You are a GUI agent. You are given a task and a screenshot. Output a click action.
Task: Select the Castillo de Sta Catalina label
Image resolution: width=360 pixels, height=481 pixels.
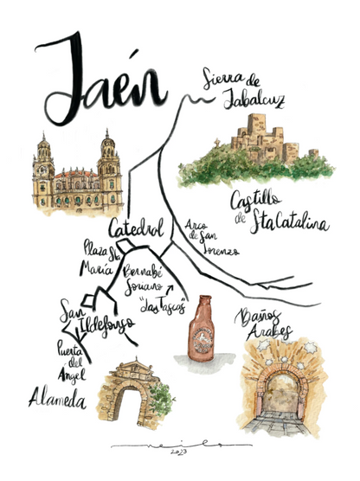click(277, 213)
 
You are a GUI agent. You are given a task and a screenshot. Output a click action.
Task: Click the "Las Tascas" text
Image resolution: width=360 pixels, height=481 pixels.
click(162, 307)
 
